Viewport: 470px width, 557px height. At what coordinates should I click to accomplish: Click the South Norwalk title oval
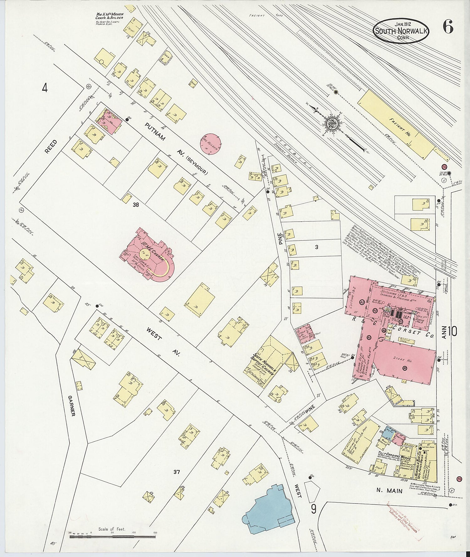pyautogui.click(x=401, y=31)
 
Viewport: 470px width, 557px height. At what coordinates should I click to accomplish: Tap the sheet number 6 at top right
pyautogui.click(x=448, y=28)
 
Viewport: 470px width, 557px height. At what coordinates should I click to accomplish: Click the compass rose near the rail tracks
pyautogui.click(x=331, y=125)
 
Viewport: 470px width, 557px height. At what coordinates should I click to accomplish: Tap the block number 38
pyautogui.click(x=135, y=204)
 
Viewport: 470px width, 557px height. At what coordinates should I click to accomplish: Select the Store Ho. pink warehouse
pyautogui.click(x=404, y=360)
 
